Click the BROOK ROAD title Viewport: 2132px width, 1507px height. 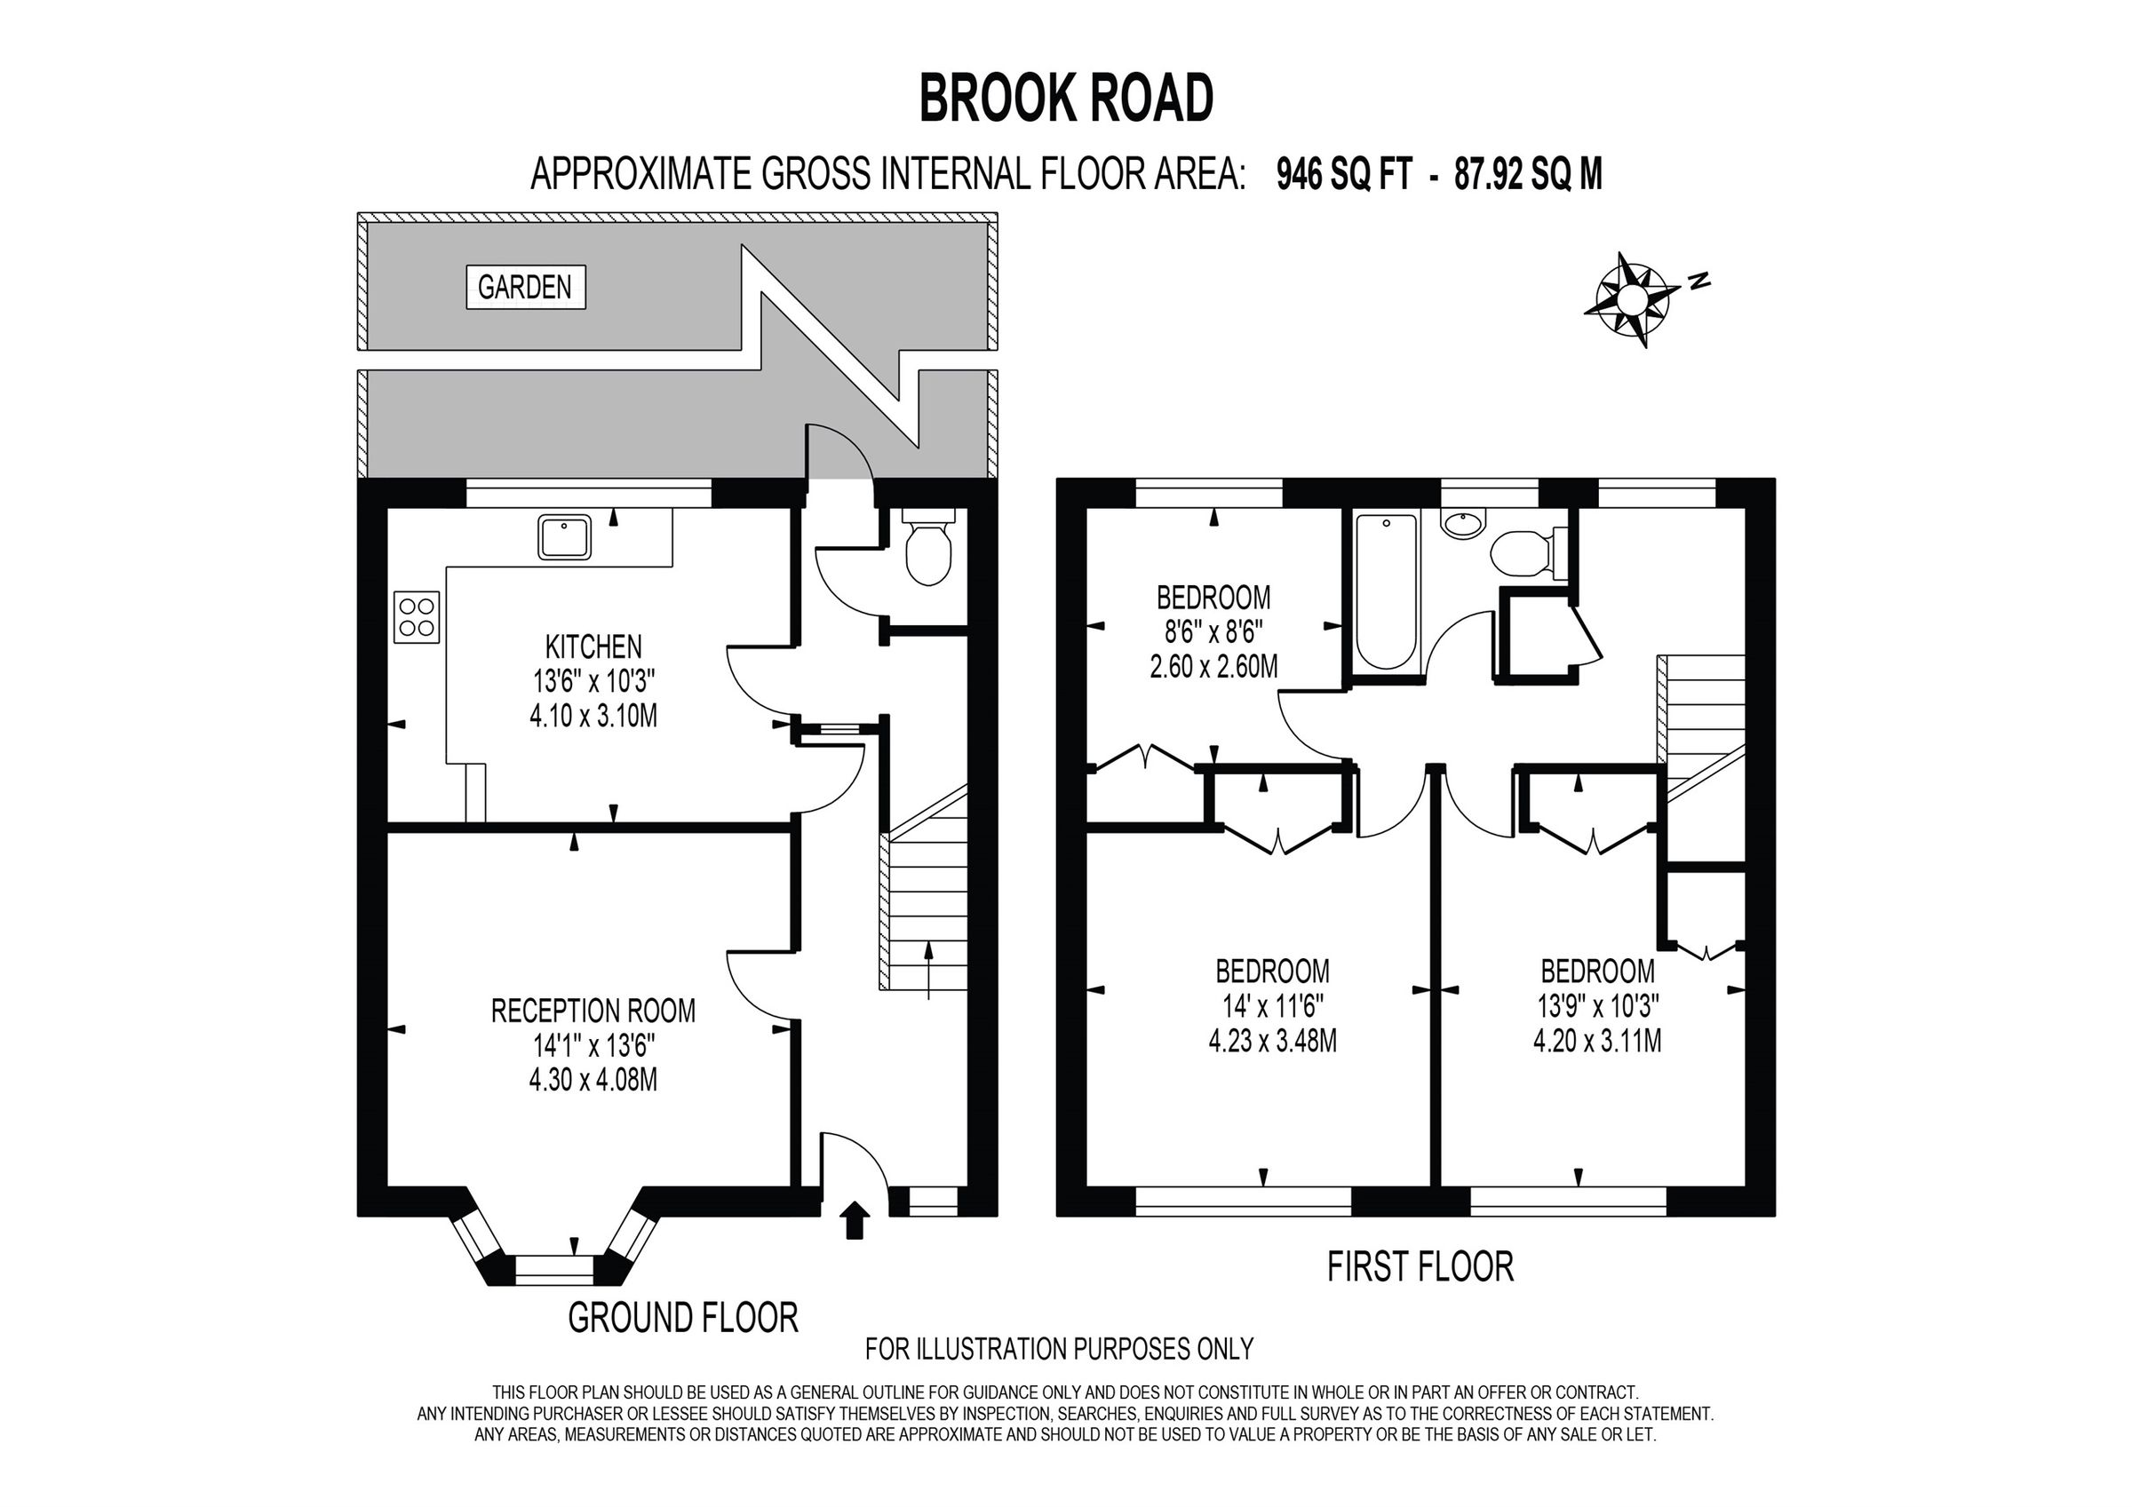click(x=1066, y=99)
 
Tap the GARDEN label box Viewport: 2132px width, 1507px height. click(x=525, y=287)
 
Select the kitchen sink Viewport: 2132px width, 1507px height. click(x=563, y=537)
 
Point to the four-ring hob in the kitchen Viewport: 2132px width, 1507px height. click(x=416, y=616)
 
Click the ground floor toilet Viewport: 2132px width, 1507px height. click(x=927, y=553)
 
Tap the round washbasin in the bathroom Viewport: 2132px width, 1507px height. click(x=1462, y=524)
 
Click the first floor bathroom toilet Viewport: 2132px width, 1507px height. click(x=1523, y=553)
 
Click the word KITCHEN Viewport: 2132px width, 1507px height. click(x=593, y=646)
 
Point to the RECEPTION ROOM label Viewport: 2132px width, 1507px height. click(x=593, y=1011)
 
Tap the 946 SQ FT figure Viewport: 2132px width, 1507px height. click(x=1345, y=174)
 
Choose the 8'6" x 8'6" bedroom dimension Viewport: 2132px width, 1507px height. click(x=1213, y=631)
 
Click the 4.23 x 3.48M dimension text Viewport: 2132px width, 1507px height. click(x=1272, y=1042)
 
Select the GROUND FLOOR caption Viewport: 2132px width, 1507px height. click(x=682, y=1318)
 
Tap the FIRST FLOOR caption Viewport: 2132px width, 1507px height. click(x=1420, y=1266)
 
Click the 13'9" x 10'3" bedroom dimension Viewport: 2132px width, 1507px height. click(x=1596, y=1006)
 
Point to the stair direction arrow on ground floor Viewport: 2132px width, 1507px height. click(x=929, y=971)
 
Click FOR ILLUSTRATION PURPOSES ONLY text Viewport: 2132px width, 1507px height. click(x=1059, y=1348)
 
